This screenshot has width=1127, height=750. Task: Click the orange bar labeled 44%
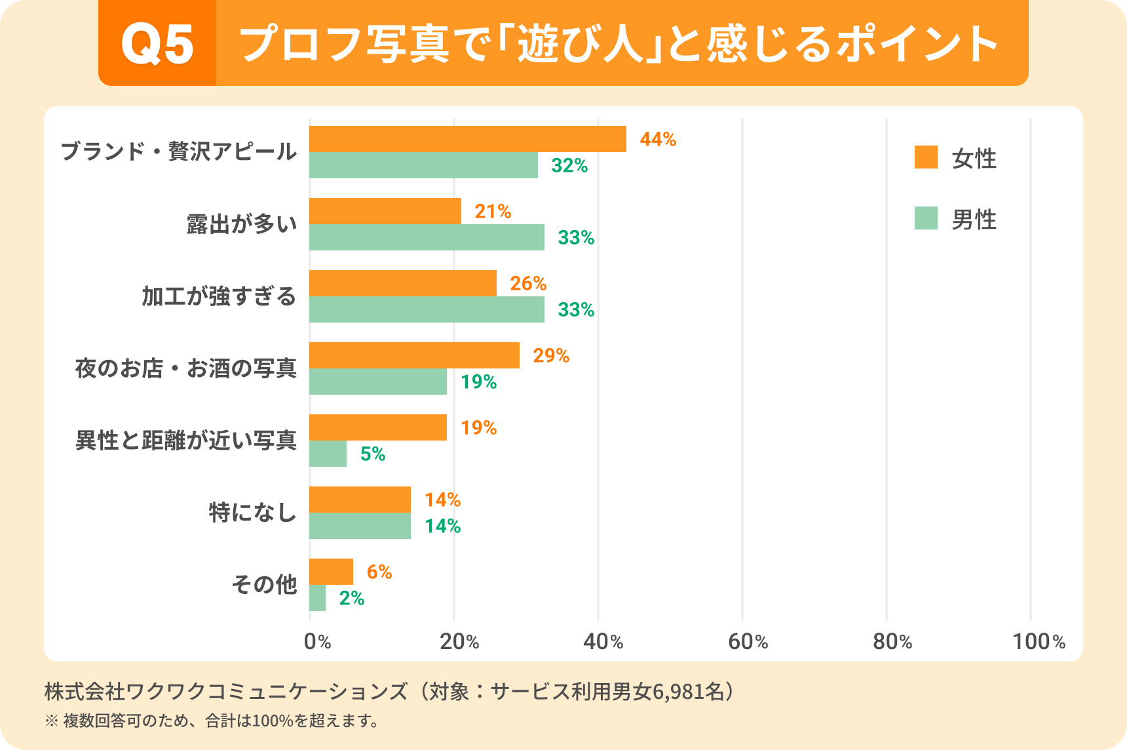click(467, 139)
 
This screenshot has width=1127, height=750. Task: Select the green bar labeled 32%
click(423, 165)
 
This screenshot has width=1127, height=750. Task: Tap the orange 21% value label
click(493, 211)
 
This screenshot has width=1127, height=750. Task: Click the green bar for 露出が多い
click(427, 237)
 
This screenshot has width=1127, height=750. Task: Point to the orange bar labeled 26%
click(402, 283)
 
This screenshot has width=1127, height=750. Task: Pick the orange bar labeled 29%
click(414, 355)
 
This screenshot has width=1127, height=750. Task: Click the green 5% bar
click(328, 454)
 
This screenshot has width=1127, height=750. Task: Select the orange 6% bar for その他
click(331, 572)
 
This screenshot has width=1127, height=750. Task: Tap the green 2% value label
click(351, 598)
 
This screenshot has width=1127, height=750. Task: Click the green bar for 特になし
click(360, 526)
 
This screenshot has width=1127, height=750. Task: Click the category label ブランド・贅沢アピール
click(178, 151)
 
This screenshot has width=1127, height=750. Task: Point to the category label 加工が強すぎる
click(219, 296)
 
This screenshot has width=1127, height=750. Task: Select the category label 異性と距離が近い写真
click(186, 440)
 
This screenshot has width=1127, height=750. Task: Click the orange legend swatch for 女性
click(926, 157)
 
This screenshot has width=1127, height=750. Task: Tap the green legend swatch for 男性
click(926, 218)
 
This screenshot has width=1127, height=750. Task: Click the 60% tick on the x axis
click(748, 641)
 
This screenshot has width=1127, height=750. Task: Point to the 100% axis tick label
click(1039, 641)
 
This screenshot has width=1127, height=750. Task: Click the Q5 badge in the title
click(157, 44)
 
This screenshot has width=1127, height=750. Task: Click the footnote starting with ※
click(212, 721)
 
